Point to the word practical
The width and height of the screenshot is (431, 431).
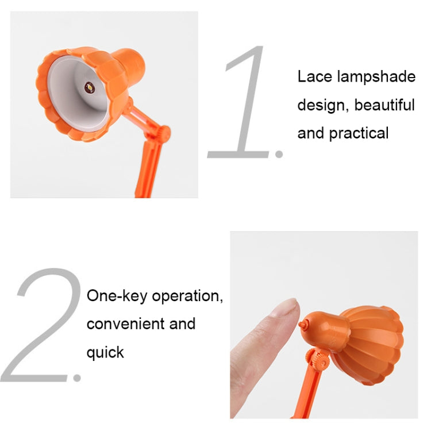click(x=359, y=133)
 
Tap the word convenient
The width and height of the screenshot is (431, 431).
click(x=125, y=324)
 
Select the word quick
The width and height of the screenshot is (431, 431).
click(x=105, y=352)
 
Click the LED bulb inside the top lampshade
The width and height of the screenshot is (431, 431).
click(x=89, y=87)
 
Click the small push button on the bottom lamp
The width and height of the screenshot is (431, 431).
click(x=302, y=325)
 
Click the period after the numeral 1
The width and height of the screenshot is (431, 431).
click(x=280, y=153)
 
